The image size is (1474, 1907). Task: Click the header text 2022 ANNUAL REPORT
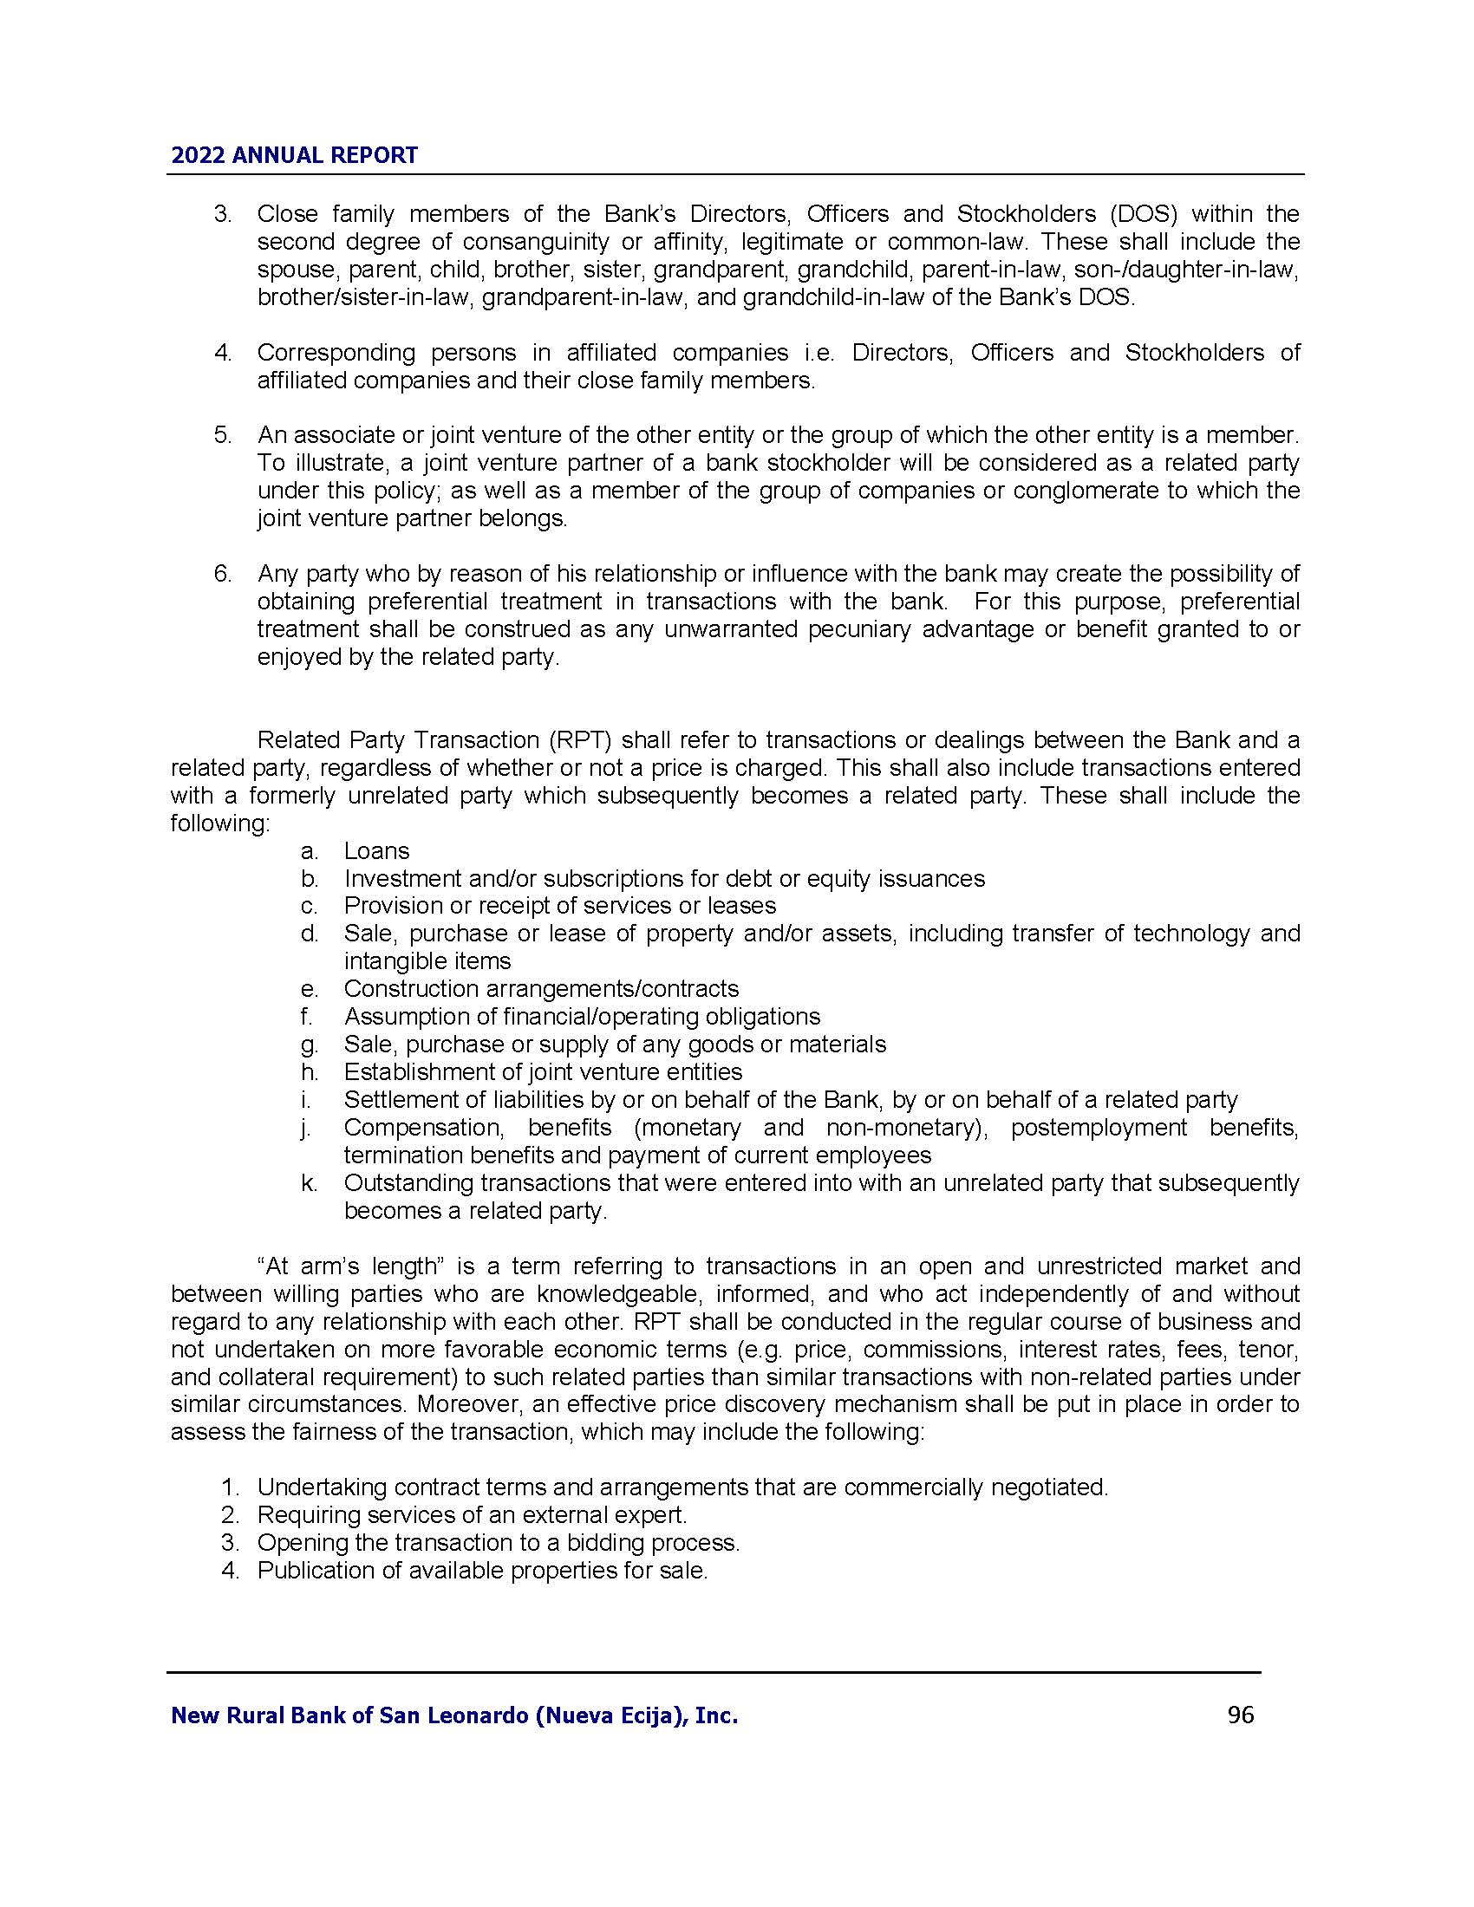point(294,155)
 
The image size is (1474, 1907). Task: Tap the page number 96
point(1240,1715)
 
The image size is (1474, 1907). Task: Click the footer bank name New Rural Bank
point(454,1715)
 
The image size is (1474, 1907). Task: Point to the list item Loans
point(376,850)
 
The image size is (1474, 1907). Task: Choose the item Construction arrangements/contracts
point(540,988)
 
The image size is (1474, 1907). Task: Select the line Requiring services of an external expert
point(472,1515)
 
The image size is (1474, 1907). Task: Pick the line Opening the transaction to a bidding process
point(498,1543)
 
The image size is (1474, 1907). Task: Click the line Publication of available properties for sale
point(481,1571)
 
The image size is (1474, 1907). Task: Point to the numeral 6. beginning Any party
point(223,574)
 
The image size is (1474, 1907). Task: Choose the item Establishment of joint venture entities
point(542,1071)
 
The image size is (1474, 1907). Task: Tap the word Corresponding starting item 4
point(336,353)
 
